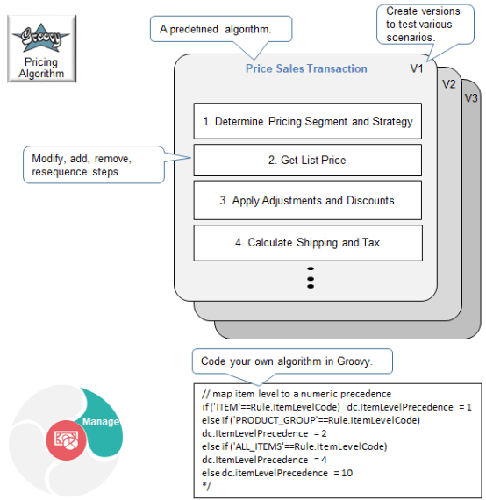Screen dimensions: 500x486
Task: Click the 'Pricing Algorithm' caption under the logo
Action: click(41, 68)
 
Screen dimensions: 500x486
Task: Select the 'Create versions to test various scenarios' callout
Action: click(425, 25)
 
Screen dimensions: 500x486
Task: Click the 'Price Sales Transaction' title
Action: click(306, 68)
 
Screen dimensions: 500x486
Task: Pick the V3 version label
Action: click(471, 97)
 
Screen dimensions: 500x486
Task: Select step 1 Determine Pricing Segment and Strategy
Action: click(307, 121)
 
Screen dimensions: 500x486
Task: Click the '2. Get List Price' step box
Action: click(307, 161)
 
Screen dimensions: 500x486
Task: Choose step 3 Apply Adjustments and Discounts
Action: click(307, 200)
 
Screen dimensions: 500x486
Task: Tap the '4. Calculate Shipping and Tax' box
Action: click(307, 242)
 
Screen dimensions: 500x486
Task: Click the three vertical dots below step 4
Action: click(311, 276)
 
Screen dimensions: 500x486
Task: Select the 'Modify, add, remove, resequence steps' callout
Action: click(93, 164)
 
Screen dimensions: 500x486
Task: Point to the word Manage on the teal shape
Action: click(100, 421)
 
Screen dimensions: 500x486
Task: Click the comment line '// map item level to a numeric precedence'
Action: click(296, 393)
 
